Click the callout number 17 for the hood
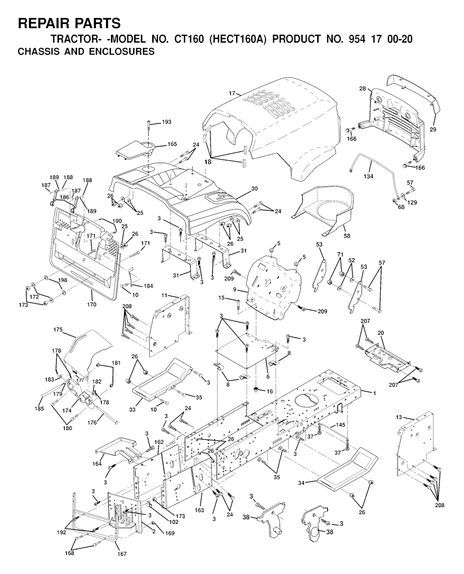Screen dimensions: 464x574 click(232, 93)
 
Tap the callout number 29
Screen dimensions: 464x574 click(433, 130)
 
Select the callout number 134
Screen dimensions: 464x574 click(368, 176)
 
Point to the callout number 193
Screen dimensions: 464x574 click(166, 122)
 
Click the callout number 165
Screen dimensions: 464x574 click(172, 144)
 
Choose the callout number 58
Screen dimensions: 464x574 click(347, 236)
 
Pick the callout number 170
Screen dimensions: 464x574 click(92, 304)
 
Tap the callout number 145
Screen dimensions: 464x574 click(340, 425)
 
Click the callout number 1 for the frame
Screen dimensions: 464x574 click(374, 393)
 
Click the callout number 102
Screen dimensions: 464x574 click(174, 522)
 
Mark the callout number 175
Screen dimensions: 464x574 click(58, 329)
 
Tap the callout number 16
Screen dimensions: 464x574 click(270, 391)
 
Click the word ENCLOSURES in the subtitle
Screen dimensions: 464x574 click(122, 52)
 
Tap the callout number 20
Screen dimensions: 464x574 click(381, 333)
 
